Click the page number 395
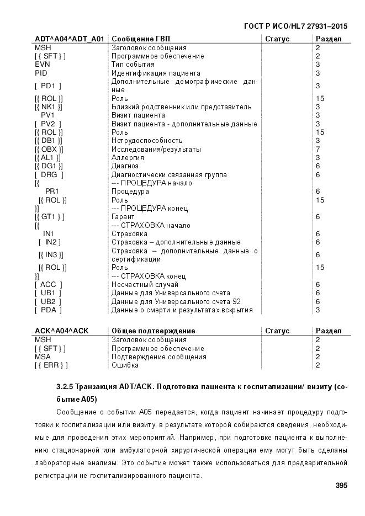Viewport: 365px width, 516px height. (341, 486)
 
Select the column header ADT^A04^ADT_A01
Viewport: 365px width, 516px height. (70, 39)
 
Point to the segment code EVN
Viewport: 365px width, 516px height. (43, 65)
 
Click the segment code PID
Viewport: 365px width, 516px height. (41, 73)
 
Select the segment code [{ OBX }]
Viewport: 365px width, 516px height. (49, 149)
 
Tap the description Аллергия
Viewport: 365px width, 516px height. (128, 157)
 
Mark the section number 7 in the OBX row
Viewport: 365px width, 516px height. (318, 149)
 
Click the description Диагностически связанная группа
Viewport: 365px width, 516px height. (169, 174)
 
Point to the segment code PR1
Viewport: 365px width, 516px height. (52, 191)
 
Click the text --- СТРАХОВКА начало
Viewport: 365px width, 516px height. (151, 225)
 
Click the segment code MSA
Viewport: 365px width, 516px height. (43, 357)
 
